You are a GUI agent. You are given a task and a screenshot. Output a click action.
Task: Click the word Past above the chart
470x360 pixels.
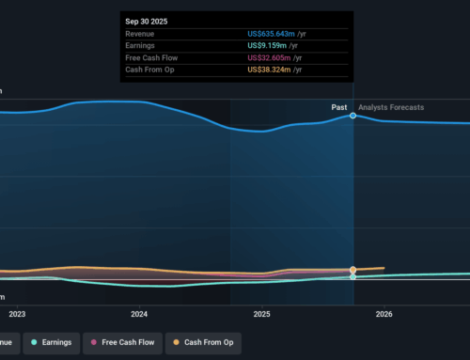tap(339, 107)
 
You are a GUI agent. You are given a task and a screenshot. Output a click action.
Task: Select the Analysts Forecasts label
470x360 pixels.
tap(391, 107)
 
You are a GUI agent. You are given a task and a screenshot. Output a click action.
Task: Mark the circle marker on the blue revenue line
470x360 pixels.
tap(353, 116)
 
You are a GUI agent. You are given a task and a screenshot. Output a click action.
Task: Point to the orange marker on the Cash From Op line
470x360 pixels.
tap(353, 270)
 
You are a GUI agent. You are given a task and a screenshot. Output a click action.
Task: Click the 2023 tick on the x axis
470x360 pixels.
tap(17, 314)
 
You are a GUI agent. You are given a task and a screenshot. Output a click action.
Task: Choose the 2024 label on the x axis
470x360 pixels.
tap(139, 314)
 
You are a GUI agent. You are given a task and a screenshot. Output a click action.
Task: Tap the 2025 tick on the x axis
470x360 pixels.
tap(261, 314)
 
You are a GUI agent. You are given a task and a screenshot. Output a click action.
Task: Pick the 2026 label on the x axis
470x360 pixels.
tap(384, 314)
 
